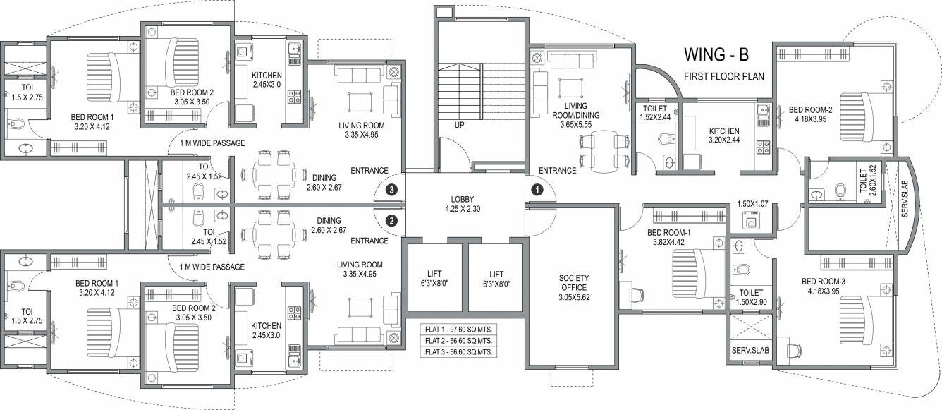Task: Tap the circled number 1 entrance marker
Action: coord(537,190)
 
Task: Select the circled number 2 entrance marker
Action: coord(392,220)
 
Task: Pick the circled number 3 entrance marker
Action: coord(392,190)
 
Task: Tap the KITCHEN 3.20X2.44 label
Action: coord(724,136)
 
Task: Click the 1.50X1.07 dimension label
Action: coord(752,204)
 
